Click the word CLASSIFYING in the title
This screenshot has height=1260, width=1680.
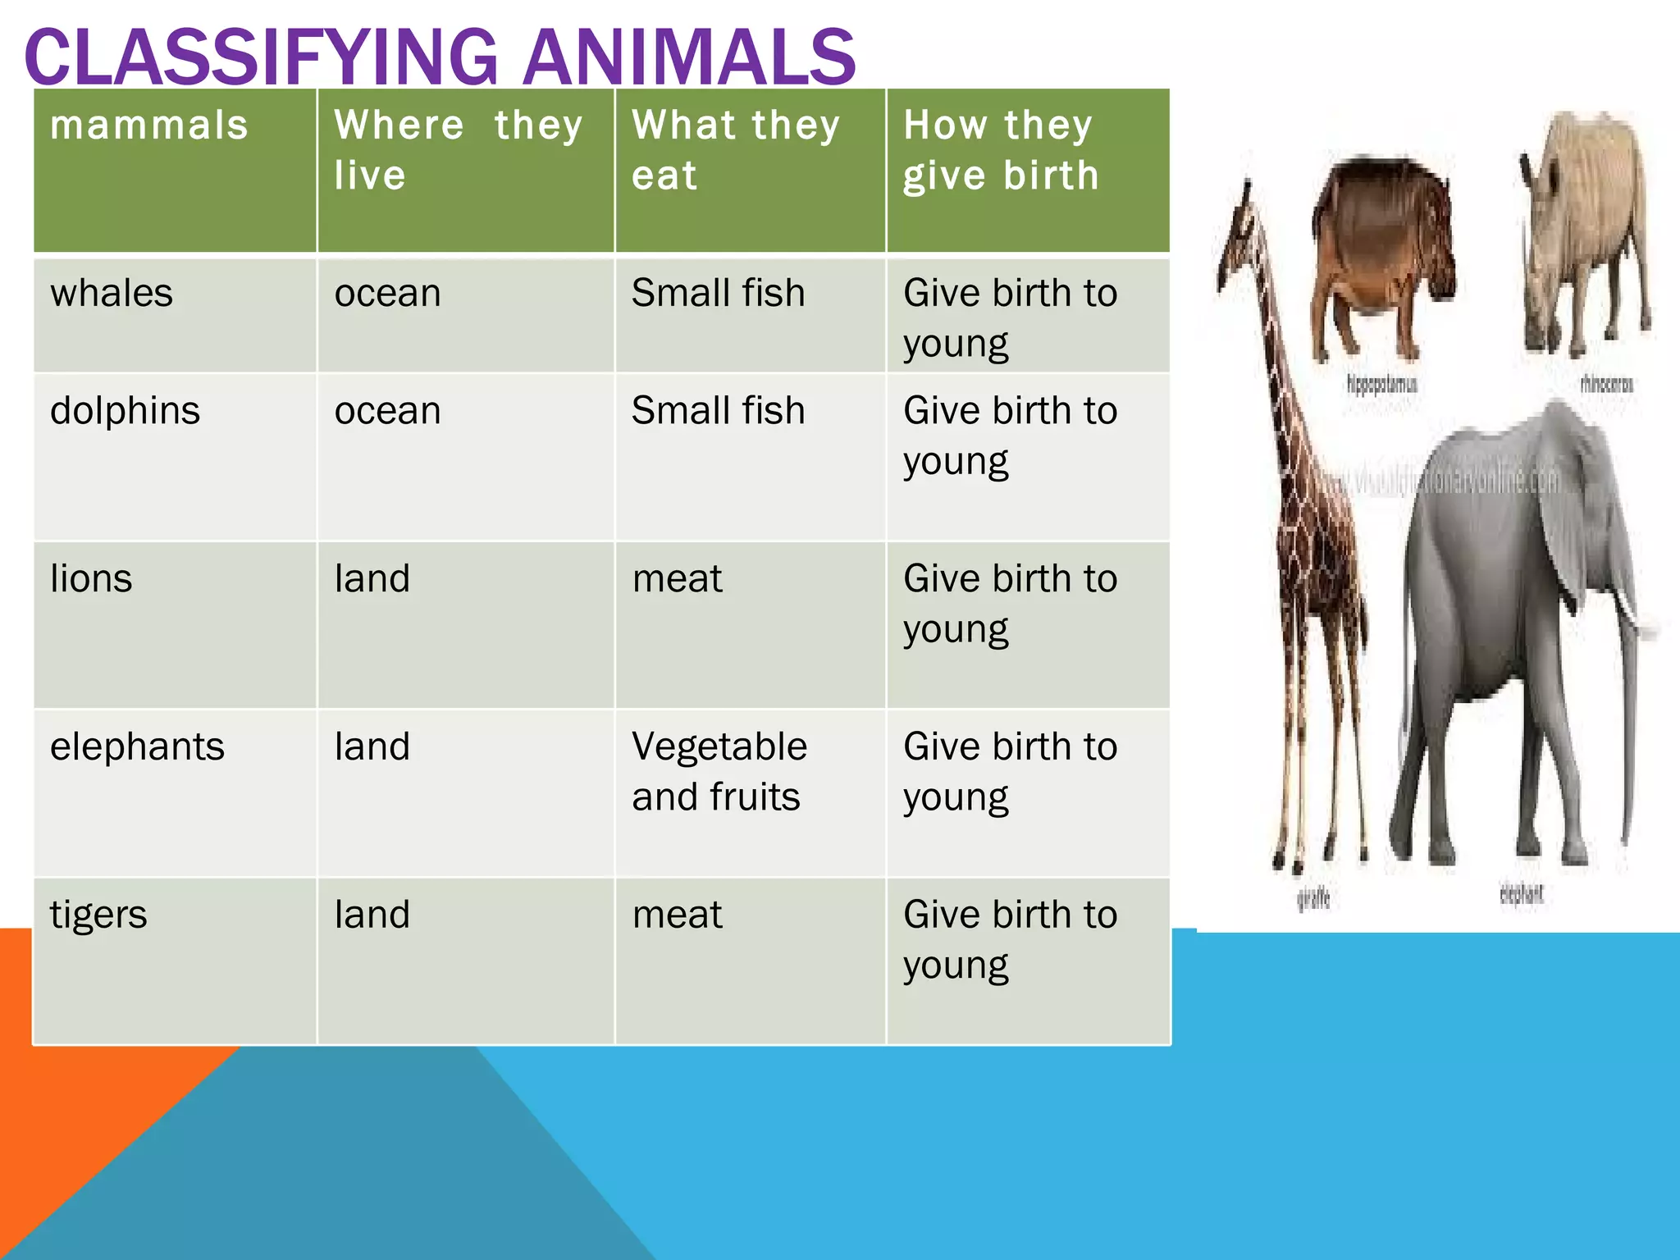coord(261,57)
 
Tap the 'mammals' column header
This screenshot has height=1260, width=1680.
coord(148,126)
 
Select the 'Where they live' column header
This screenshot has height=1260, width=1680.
coord(458,149)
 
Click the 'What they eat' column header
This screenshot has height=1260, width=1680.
coord(735,149)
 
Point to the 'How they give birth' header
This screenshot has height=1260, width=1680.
coord(1001,149)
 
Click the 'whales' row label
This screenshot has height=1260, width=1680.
coord(112,294)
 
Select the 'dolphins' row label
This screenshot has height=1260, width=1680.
coord(125,411)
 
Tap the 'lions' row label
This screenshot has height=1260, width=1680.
coord(91,579)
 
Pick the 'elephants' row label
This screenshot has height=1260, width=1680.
coord(137,747)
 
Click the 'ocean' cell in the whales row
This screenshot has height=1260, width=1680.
coord(387,294)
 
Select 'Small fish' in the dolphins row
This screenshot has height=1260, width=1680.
coord(718,411)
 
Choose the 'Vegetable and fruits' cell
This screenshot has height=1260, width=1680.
coord(719,771)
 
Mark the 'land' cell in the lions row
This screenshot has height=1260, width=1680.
coord(372,579)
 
